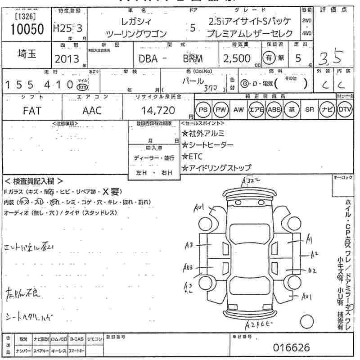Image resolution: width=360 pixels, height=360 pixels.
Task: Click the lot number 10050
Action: click(x=26, y=29)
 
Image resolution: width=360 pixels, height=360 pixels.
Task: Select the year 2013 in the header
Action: click(x=67, y=59)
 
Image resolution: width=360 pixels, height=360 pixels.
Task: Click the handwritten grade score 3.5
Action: click(x=331, y=57)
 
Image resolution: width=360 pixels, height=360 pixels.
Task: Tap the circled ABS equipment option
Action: click(x=274, y=109)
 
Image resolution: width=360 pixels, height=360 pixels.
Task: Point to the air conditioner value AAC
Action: click(x=92, y=110)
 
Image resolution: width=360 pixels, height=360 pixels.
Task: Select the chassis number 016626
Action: click(x=292, y=347)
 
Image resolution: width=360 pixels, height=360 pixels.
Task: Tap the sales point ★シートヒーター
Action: click(x=207, y=144)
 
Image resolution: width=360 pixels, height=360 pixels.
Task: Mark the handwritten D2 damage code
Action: click(x=312, y=271)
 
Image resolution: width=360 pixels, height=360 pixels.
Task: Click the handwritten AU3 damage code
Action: click(x=188, y=267)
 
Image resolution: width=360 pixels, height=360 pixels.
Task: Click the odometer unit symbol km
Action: click(x=82, y=87)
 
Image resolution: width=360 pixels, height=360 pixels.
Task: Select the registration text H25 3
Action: click(x=68, y=28)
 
